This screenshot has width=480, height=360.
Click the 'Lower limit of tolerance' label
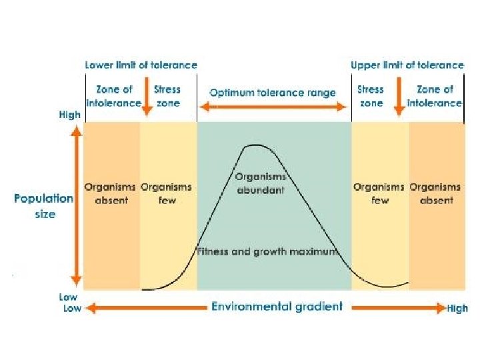pyautogui.click(x=141, y=65)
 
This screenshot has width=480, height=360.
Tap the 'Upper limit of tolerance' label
pyautogui.click(x=407, y=65)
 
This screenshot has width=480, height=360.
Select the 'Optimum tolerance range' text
pyautogui.click(x=273, y=93)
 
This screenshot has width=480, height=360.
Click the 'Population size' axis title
pyautogui.click(x=44, y=206)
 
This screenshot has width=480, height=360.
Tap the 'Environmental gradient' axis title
pyautogui.click(x=277, y=307)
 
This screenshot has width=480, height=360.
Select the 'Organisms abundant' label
pyautogui.click(x=261, y=183)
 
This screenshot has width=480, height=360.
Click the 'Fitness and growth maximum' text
pyautogui.click(x=269, y=252)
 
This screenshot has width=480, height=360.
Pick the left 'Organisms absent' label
pyautogui.click(x=111, y=194)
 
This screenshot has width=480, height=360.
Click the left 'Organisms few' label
pyautogui.click(x=167, y=194)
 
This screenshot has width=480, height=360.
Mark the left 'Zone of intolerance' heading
pyautogui.click(x=114, y=96)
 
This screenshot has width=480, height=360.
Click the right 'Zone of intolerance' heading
pyautogui.click(x=434, y=96)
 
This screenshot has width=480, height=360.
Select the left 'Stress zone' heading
pyautogui.click(x=167, y=96)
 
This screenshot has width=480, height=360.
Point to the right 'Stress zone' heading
pyautogui.click(x=371, y=96)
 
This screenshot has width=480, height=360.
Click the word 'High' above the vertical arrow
pyautogui.click(x=70, y=115)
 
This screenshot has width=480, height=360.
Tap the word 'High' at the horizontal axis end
pyautogui.click(x=457, y=309)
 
